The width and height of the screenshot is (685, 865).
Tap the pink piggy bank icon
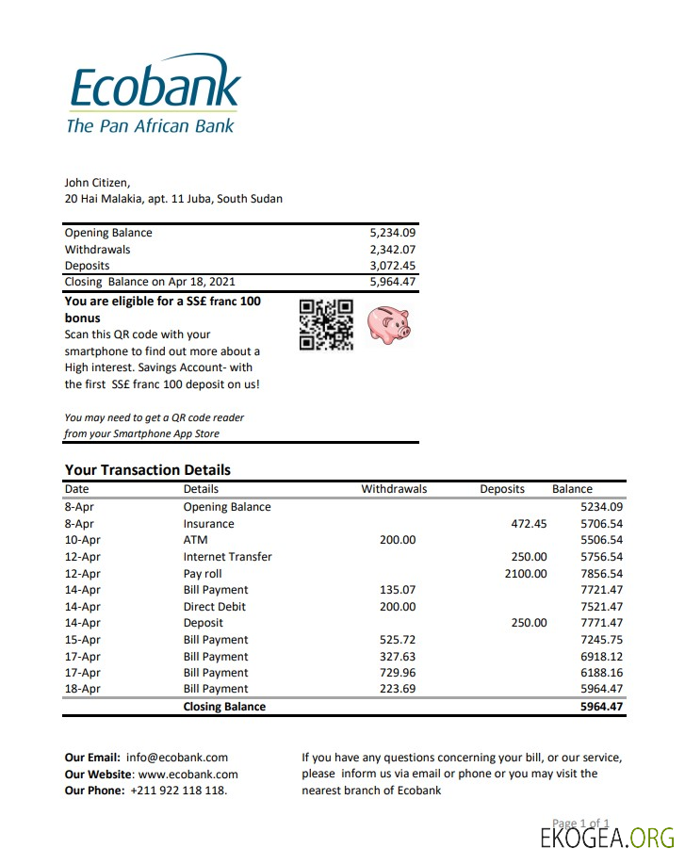tap(388, 325)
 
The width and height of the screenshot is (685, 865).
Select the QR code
tap(326, 325)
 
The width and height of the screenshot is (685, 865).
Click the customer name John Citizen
tap(97, 183)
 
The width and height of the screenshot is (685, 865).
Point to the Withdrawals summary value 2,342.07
tap(393, 250)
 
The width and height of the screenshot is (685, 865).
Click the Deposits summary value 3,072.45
tap(393, 266)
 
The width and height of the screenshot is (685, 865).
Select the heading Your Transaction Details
tap(147, 470)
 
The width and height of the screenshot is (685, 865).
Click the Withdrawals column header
tap(394, 489)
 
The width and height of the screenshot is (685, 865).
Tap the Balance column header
tap(572, 489)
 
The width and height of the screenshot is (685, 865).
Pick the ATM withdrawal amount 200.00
tap(396, 540)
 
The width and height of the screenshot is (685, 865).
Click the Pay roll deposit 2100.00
tap(526, 573)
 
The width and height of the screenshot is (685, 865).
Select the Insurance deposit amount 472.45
tap(528, 524)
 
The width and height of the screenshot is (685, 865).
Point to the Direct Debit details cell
tap(214, 607)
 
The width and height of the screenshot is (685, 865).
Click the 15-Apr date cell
tap(82, 640)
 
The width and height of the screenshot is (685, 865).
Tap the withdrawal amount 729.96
tap(396, 673)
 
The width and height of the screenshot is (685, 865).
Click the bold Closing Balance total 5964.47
tap(601, 707)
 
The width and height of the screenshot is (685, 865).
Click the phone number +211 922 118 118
tap(178, 791)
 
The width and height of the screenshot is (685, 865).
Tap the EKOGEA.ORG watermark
tap(608, 838)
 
